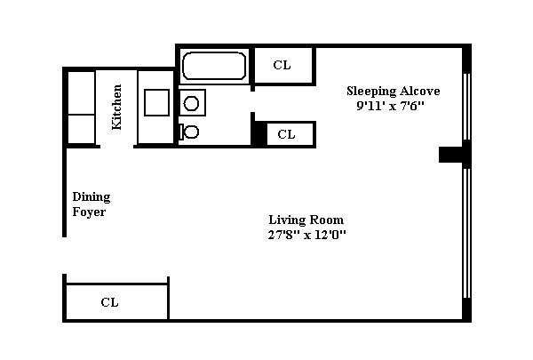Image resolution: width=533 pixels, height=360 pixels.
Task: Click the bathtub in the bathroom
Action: [x=214, y=66]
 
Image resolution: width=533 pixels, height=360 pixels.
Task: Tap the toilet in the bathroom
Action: [x=189, y=132]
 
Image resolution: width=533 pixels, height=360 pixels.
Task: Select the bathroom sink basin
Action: [x=191, y=103]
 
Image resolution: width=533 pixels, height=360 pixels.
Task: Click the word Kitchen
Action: [x=116, y=107]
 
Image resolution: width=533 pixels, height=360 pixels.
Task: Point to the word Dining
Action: [x=91, y=197]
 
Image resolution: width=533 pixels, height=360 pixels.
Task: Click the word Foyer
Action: [x=89, y=212]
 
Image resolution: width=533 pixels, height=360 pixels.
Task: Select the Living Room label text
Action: [x=306, y=220]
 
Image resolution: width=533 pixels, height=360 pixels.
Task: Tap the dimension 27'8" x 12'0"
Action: [x=307, y=235]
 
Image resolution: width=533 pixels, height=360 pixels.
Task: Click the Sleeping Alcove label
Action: [x=394, y=91]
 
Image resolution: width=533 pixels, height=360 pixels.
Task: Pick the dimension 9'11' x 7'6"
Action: [x=391, y=106]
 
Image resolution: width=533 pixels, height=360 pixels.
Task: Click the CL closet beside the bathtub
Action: [x=283, y=66]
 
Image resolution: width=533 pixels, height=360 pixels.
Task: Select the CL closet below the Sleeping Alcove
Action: [x=290, y=134]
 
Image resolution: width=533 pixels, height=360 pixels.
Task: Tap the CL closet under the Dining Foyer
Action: [x=116, y=302]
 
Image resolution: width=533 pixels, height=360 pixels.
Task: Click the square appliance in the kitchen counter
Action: [x=156, y=102]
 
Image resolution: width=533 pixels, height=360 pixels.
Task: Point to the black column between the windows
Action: [x=451, y=155]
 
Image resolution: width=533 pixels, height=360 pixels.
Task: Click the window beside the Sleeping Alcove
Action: [x=466, y=107]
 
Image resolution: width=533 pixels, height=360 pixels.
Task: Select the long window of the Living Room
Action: [x=466, y=234]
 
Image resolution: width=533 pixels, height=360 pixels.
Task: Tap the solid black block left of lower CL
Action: [x=259, y=133]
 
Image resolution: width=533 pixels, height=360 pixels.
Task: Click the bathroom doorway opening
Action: [x=252, y=101]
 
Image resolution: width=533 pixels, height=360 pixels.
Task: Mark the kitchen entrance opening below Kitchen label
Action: [x=116, y=147]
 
